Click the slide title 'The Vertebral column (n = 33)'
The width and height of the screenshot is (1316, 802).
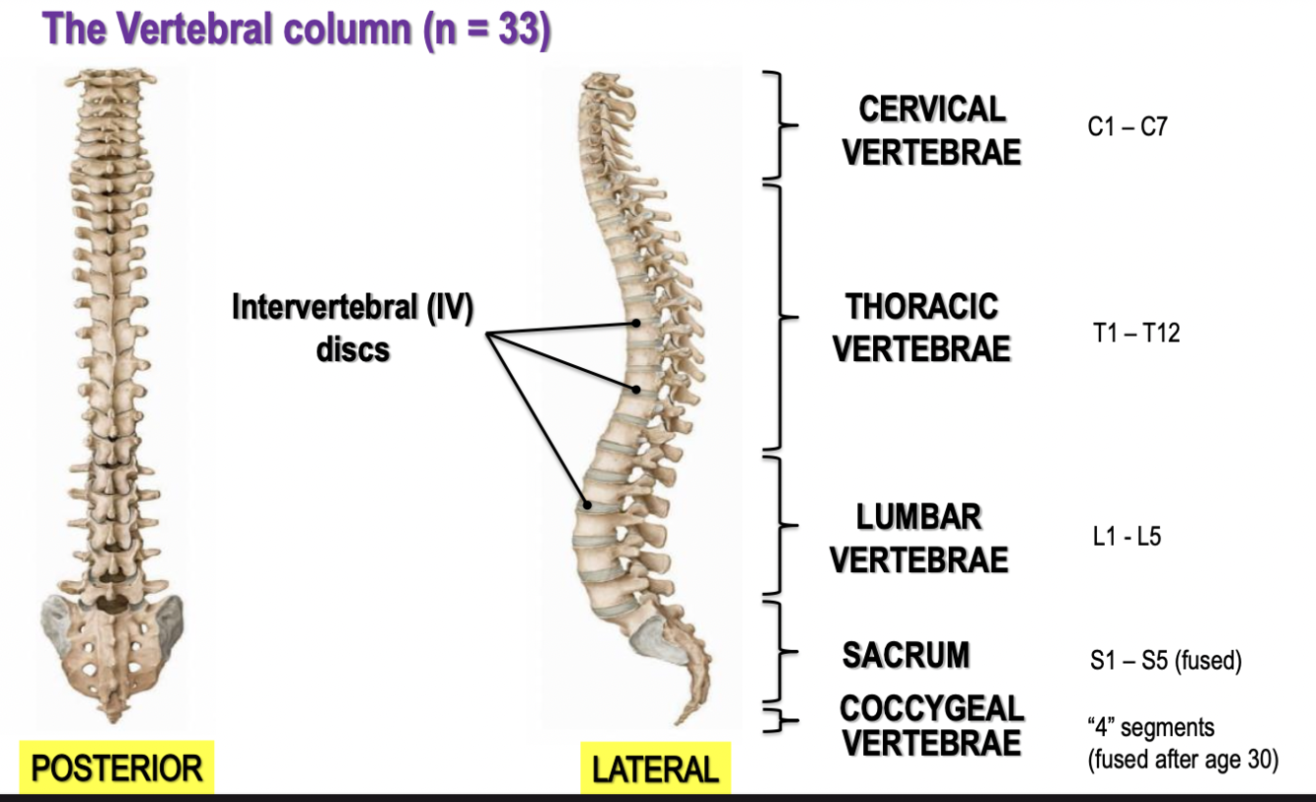[x=297, y=29]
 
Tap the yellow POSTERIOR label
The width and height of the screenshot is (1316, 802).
[x=116, y=767]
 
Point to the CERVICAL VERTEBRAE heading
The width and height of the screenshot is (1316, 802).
[x=931, y=131]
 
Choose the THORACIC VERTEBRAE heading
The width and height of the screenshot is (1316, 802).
[x=921, y=328]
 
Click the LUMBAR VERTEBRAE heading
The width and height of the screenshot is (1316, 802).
[x=918, y=539]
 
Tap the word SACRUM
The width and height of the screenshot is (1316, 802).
[x=906, y=655]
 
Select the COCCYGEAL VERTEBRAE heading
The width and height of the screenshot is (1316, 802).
[x=931, y=725]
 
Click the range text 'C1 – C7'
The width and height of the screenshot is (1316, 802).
[x=1127, y=127]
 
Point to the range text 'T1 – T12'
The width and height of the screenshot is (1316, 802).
[x=1135, y=333]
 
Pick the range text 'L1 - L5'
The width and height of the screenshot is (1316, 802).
[x=1126, y=540]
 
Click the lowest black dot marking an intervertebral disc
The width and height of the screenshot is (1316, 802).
[x=586, y=504]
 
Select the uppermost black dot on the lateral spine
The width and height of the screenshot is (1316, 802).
[x=637, y=324]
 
